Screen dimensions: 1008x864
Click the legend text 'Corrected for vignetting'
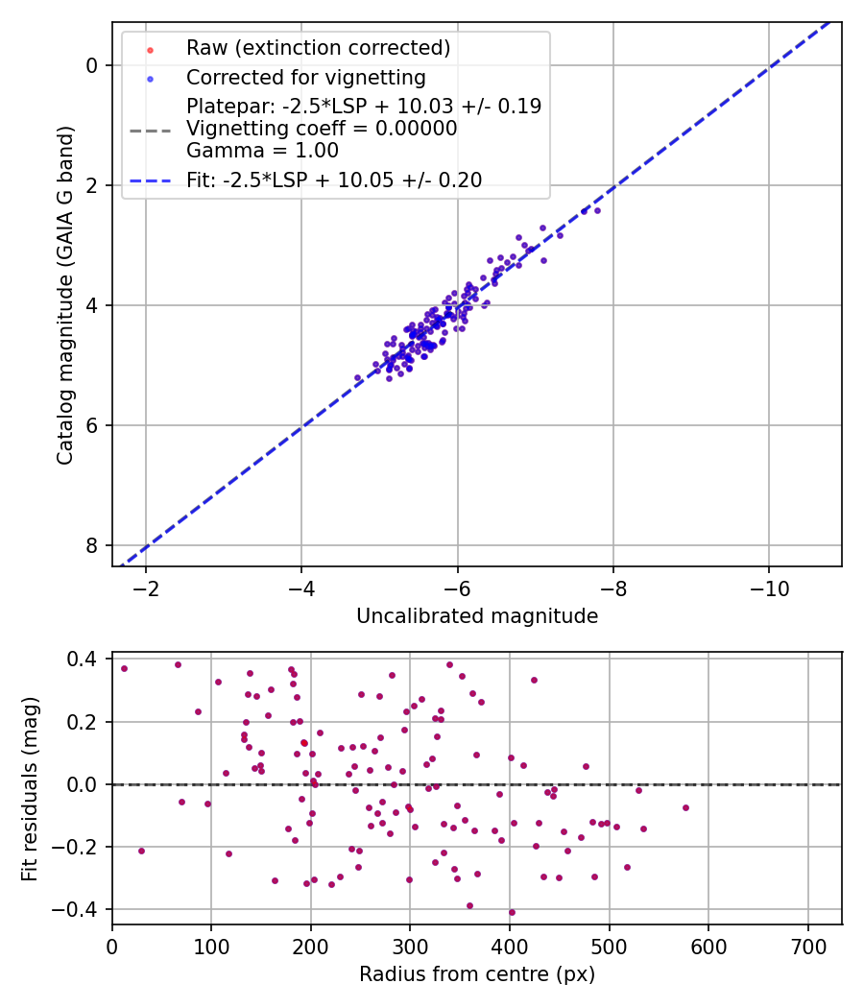tap(305, 77)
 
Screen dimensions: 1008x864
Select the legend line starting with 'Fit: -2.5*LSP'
tap(334, 180)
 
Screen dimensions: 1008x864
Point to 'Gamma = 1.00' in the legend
tap(262, 151)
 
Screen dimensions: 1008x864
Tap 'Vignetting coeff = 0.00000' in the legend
tap(322, 129)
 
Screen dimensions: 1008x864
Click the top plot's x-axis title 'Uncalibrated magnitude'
tap(477, 616)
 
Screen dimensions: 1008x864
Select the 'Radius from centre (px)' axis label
tap(477, 974)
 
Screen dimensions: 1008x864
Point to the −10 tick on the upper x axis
tap(768, 587)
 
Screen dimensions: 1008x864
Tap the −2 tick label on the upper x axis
tap(146, 587)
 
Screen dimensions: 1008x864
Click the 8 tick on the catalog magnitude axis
tap(93, 545)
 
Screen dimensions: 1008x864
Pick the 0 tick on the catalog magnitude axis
tap(93, 65)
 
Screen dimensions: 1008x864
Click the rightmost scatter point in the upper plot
tap(597, 210)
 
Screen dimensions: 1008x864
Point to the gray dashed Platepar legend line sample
tap(150, 129)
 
